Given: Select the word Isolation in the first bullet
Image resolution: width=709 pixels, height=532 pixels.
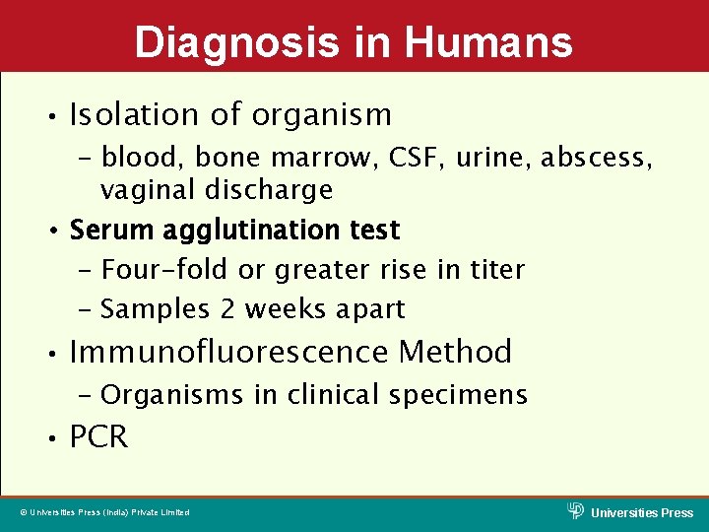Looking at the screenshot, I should (133, 115).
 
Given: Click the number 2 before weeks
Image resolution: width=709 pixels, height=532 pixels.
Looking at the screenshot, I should (228, 308).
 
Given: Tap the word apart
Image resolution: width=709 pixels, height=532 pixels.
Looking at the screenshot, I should (369, 308).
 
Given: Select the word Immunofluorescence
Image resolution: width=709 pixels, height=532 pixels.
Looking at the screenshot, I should (229, 352).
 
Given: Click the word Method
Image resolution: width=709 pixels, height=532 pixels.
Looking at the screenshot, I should (455, 352).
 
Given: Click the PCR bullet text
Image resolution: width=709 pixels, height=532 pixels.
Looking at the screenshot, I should (98, 437).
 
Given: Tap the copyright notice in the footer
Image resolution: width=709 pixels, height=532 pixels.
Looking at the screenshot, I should (105, 512).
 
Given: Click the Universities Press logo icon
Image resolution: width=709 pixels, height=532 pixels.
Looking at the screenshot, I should (576, 509).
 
